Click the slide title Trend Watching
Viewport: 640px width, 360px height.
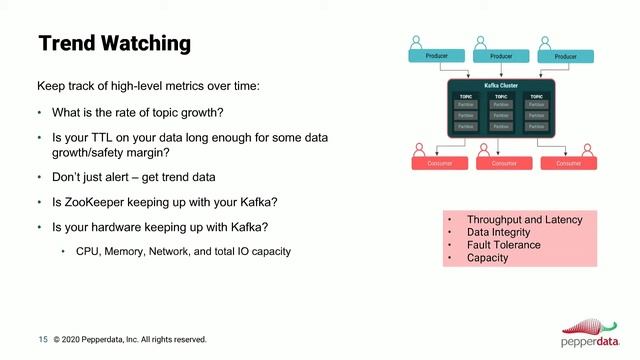point(114,44)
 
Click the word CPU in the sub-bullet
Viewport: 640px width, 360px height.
point(88,251)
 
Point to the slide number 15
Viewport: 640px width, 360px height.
point(43,339)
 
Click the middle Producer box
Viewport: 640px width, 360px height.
point(501,57)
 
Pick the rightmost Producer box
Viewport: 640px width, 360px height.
point(565,57)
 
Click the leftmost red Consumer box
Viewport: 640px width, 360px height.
point(440,163)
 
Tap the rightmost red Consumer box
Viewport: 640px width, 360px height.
point(567,163)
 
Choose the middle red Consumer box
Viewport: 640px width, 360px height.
point(504,163)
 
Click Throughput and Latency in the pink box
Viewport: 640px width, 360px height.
point(524,220)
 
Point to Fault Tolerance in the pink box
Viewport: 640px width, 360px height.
point(503,245)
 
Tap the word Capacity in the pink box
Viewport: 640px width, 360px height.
point(487,258)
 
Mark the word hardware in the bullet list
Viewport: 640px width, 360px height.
point(115,227)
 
